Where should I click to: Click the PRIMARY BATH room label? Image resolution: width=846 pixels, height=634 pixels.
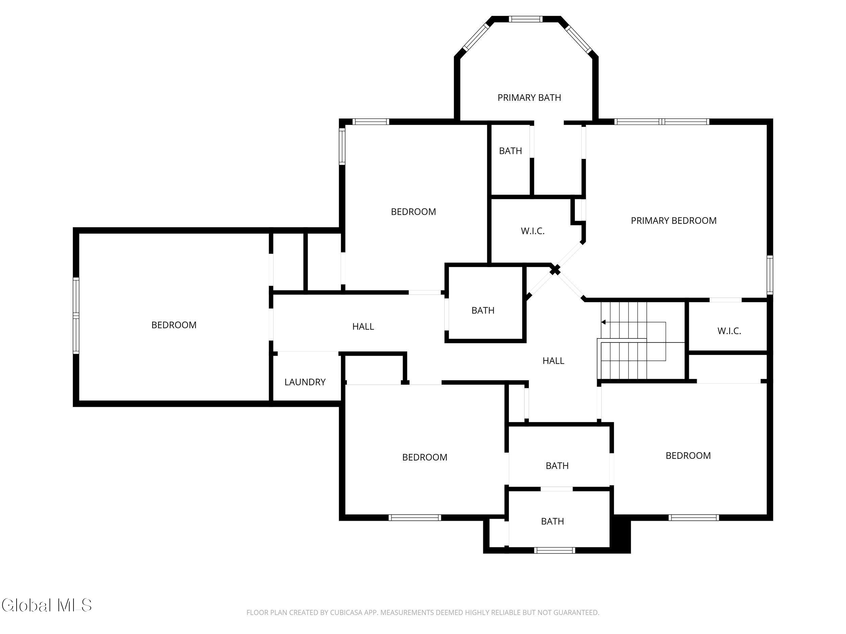pyautogui.click(x=529, y=98)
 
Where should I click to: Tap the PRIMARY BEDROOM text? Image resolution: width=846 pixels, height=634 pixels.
pyautogui.click(x=673, y=220)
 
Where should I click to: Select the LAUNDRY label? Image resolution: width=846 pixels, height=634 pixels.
pyautogui.click(x=305, y=382)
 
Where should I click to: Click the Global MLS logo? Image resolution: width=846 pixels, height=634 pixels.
pyautogui.click(x=47, y=605)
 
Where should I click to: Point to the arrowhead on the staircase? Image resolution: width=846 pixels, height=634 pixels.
pyautogui.click(x=603, y=322)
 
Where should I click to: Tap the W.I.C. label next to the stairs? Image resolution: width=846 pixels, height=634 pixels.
pyautogui.click(x=729, y=331)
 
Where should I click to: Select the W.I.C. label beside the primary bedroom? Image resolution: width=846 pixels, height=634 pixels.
pyautogui.click(x=532, y=231)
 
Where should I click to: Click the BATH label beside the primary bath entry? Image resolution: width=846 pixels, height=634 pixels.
pyautogui.click(x=510, y=151)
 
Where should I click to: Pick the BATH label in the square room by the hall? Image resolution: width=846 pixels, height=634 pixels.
pyautogui.click(x=483, y=310)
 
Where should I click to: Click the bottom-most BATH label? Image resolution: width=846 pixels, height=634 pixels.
pyautogui.click(x=552, y=521)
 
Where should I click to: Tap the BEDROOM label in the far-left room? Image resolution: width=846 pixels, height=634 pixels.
pyautogui.click(x=174, y=325)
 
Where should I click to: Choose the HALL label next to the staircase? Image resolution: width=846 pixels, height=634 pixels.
pyautogui.click(x=553, y=360)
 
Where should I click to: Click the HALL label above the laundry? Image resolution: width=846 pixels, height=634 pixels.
pyautogui.click(x=363, y=326)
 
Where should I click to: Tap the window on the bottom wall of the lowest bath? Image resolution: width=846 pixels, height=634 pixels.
pyautogui.click(x=554, y=550)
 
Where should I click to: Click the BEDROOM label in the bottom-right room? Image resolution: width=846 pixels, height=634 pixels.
pyautogui.click(x=688, y=455)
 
